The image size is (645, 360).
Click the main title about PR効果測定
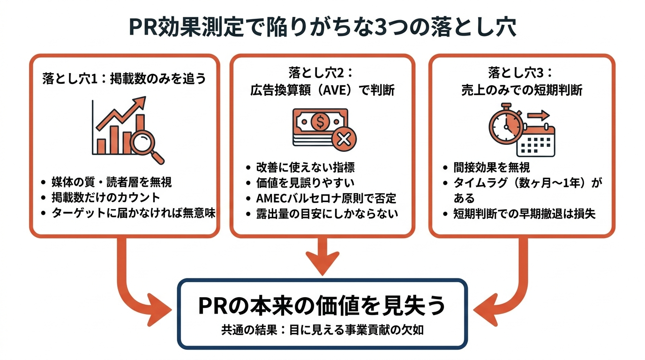pyautogui.click(x=322, y=27)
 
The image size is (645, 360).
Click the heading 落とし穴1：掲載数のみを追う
pyautogui.click(x=124, y=78)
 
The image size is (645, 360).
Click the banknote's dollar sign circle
pyautogui.click(x=320, y=121)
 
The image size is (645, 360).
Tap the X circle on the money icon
pyautogui.click(x=344, y=139)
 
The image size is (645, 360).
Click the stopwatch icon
pyautogui.click(x=506, y=124)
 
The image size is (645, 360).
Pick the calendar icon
pyautogui.click(x=536, y=141)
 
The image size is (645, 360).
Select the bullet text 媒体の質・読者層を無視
pyautogui.click(x=112, y=182)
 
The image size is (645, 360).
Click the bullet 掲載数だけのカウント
pyautogui.click(x=105, y=197)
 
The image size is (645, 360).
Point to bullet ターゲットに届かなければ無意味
pyautogui.click(x=133, y=213)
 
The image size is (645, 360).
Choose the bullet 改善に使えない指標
pyautogui.click(x=306, y=167)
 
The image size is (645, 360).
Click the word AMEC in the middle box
pyautogui.click(x=272, y=198)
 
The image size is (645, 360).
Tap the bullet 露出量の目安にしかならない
pyautogui.click(x=327, y=214)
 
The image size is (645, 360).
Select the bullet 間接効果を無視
pyautogui.click(x=492, y=167)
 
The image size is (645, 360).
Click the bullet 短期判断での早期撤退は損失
pyautogui.click(x=525, y=214)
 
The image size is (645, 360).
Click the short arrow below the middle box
pyautogui.click(x=322, y=256)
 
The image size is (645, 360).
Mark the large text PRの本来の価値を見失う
pyautogui.click(x=322, y=306)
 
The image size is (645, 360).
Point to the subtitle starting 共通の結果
pyautogui.click(x=322, y=330)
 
